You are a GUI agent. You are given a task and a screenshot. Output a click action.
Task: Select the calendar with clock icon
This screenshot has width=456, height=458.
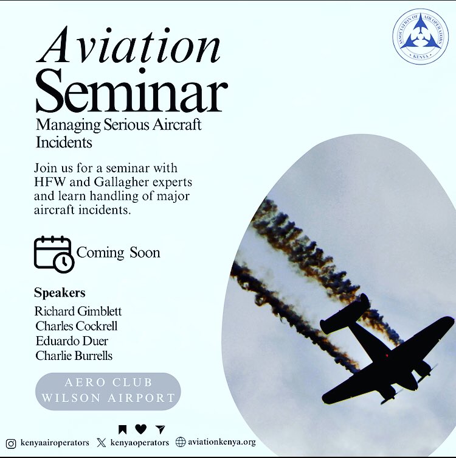tap(54, 253)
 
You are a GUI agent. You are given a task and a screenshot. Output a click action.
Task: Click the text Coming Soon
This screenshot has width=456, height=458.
tap(119, 253)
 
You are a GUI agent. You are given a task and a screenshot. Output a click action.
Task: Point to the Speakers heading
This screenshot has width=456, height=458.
tap(60, 292)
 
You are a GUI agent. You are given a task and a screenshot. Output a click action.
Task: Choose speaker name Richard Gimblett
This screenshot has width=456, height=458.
tap(78, 311)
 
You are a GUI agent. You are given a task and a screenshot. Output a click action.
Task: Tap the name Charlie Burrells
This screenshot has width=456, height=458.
tap(74, 355)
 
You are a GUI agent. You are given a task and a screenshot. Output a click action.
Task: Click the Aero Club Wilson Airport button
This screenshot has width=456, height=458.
tap(108, 390)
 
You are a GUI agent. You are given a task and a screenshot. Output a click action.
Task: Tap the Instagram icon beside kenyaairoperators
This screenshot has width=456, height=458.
tap(10, 442)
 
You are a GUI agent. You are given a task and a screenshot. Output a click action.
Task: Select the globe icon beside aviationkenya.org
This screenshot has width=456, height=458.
tap(181, 442)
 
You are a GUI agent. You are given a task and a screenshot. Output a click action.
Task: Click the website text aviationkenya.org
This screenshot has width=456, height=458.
tap(221, 442)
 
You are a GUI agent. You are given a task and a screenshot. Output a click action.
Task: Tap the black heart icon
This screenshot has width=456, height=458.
tap(140, 429)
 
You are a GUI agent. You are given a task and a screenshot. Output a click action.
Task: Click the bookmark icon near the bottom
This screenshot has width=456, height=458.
tap(123, 429)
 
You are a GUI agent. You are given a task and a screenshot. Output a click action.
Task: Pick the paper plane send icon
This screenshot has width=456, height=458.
tap(159, 429)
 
